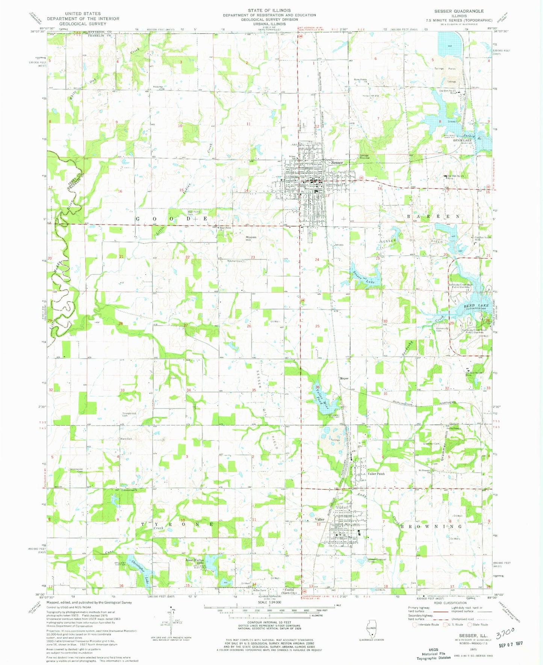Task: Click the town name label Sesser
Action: tap(337, 162)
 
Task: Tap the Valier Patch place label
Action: tap(376, 474)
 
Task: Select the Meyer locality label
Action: tap(344, 378)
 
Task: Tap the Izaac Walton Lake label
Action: tap(195, 562)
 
